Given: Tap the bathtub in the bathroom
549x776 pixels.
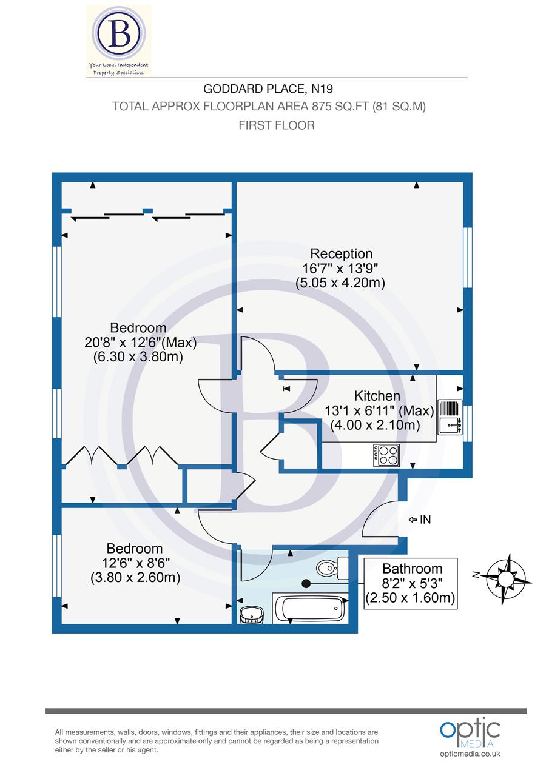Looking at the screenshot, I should coord(309,607).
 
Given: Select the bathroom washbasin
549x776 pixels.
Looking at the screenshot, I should coord(252,615).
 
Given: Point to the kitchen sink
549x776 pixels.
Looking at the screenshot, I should coord(450,425).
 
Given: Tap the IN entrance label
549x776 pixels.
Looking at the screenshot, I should coord(425,520).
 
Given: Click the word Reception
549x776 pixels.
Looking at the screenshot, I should coord(341,253).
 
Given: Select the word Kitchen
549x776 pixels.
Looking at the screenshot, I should coord(377,396).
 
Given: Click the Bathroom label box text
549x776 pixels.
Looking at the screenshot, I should coord(412,569).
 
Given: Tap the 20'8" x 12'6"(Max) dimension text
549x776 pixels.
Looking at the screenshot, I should coord(141,343).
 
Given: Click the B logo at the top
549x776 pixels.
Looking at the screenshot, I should coord(119,36).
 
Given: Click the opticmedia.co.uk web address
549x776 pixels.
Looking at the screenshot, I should coord(470,754).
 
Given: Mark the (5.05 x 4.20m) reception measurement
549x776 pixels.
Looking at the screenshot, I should coord(340,283).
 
